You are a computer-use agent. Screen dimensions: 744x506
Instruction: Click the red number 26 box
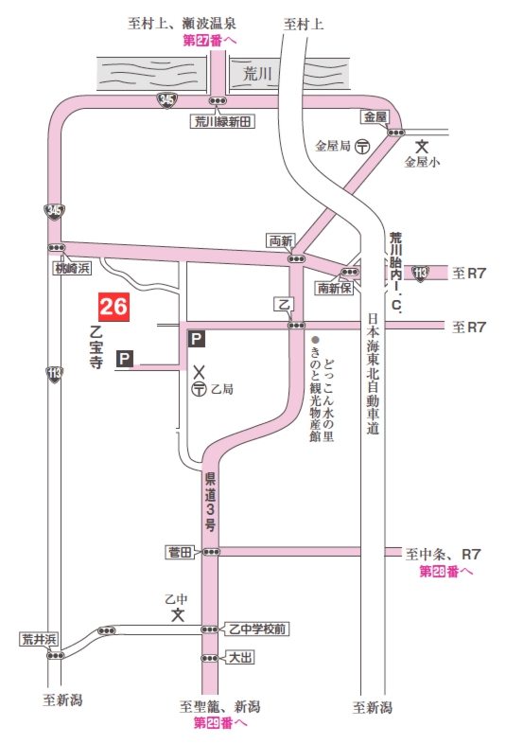pos(113,307)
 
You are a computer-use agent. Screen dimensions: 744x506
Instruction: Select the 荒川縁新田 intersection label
pos(219,121)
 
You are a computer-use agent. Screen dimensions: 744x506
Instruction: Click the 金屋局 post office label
pos(332,147)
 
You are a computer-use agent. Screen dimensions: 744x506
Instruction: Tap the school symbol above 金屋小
pos(422,147)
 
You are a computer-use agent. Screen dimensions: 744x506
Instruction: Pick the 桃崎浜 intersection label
pos(71,269)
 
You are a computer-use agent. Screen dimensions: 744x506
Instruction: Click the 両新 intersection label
pos(282,240)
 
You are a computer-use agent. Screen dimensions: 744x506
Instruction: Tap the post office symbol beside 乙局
pos(200,389)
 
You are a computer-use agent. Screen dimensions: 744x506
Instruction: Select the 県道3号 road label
pos(211,501)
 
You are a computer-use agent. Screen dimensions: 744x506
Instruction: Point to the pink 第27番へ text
pos(210,42)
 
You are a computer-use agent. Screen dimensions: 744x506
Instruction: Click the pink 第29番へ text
pos(220,723)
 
